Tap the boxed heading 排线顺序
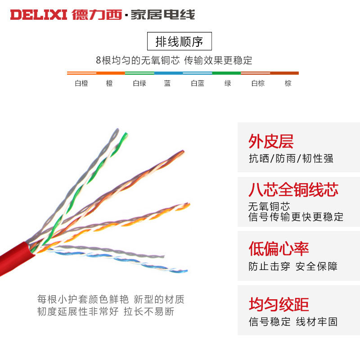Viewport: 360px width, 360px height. tap(180, 42)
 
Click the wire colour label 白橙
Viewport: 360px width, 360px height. tap(81, 83)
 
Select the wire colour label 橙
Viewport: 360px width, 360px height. tap(109, 83)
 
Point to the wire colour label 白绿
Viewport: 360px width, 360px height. tap(139, 83)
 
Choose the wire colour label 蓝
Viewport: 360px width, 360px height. tap(167, 83)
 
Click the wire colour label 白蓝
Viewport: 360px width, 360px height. tap(198, 83)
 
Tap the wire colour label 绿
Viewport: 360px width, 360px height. tap(228, 83)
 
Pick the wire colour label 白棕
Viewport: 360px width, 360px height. tap(258, 83)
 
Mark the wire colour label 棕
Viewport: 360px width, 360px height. tap(288, 83)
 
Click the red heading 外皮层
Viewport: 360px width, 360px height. tap(271, 141)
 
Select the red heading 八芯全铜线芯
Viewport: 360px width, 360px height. tap(293, 189)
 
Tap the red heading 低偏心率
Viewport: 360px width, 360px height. tap(279, 249)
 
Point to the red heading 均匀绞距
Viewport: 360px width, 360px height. tap(279, 304)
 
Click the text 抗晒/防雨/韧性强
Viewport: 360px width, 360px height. tap(291, 158)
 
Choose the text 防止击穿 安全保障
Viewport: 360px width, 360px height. tap(293, 266)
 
